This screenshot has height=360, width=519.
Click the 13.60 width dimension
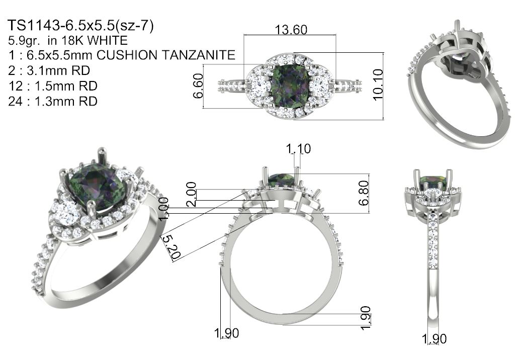[291, 30]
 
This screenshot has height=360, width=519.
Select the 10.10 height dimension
[378, 84]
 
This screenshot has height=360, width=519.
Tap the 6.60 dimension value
[198, 85]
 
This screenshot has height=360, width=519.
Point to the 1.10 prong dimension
[299, 149]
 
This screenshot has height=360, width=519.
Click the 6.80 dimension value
[364, 193]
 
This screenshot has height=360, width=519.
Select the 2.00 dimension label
[191, 194]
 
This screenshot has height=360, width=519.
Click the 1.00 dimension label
[164, 209]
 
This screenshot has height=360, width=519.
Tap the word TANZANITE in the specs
[199, 55]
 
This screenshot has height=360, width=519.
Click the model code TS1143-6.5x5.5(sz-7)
[81, 26]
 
